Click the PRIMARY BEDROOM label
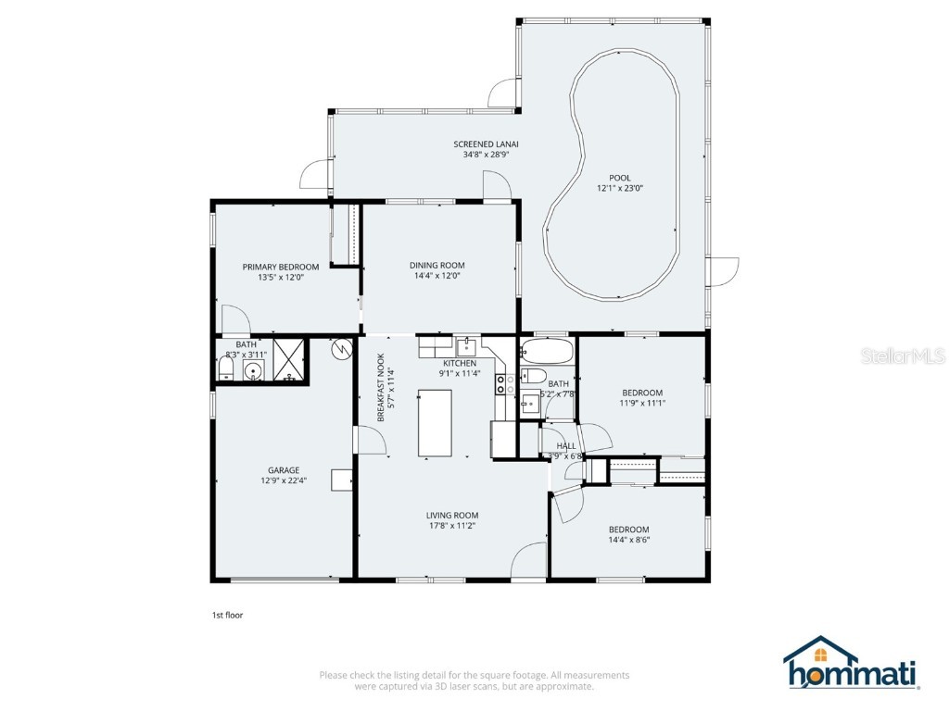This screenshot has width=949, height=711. [x=280, y=267]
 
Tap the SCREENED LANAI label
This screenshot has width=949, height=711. [x=486, y=143]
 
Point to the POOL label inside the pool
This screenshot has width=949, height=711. [x=620, y=178]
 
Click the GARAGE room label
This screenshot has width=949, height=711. [x=284, y=470]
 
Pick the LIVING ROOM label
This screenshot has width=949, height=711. [x=451, y=516]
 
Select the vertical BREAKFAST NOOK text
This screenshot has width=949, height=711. [x=380, y=389]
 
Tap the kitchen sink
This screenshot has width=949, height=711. [x=468, y=347]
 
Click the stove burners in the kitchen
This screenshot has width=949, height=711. [x=502, y=383]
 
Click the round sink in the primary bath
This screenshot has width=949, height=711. [x=251, y=371]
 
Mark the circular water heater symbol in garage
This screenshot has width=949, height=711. [x=342, y=350]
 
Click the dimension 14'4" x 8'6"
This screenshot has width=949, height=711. [x=629, y=540]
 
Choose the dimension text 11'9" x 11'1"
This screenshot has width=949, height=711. [x=642, y=403]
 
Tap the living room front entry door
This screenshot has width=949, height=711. [x=529, y=562]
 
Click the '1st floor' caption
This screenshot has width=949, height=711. [x=227, y=614]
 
